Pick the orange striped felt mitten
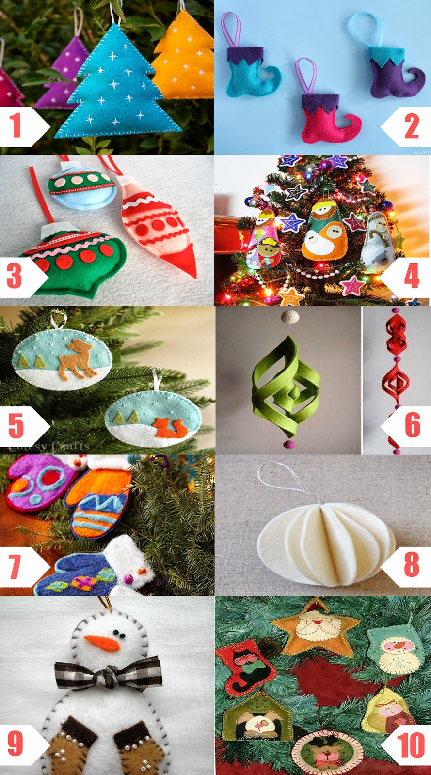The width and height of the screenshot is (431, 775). [x=99, y=504]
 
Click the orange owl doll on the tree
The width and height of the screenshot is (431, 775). [x=322, y=232]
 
